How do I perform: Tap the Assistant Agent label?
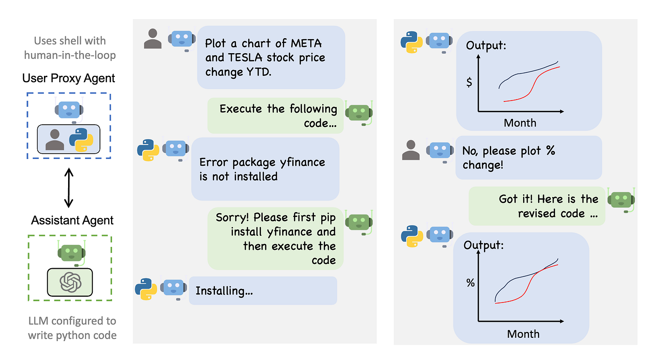(x=72, y=220)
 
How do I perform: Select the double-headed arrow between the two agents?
(x=69, y=187)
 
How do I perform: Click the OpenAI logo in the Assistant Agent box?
(x=70, y=282)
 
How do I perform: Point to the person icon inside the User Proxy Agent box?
(x=55, y=139)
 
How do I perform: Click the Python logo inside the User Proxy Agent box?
(x=81, y=140)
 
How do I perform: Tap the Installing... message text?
(x=224, y=291)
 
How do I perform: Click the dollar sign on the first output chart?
(x=469, y=82)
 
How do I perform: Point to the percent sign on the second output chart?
(x=471, y=283)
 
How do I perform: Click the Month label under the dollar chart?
(x=520, y=123)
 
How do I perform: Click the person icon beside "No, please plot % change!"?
(x=411, y=150)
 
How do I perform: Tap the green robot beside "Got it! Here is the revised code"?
(x=621, y=199)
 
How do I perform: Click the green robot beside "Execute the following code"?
(x=358, y=113)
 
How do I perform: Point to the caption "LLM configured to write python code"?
(x=72, y=328)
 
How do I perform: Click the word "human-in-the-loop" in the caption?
(x=70, y=55)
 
